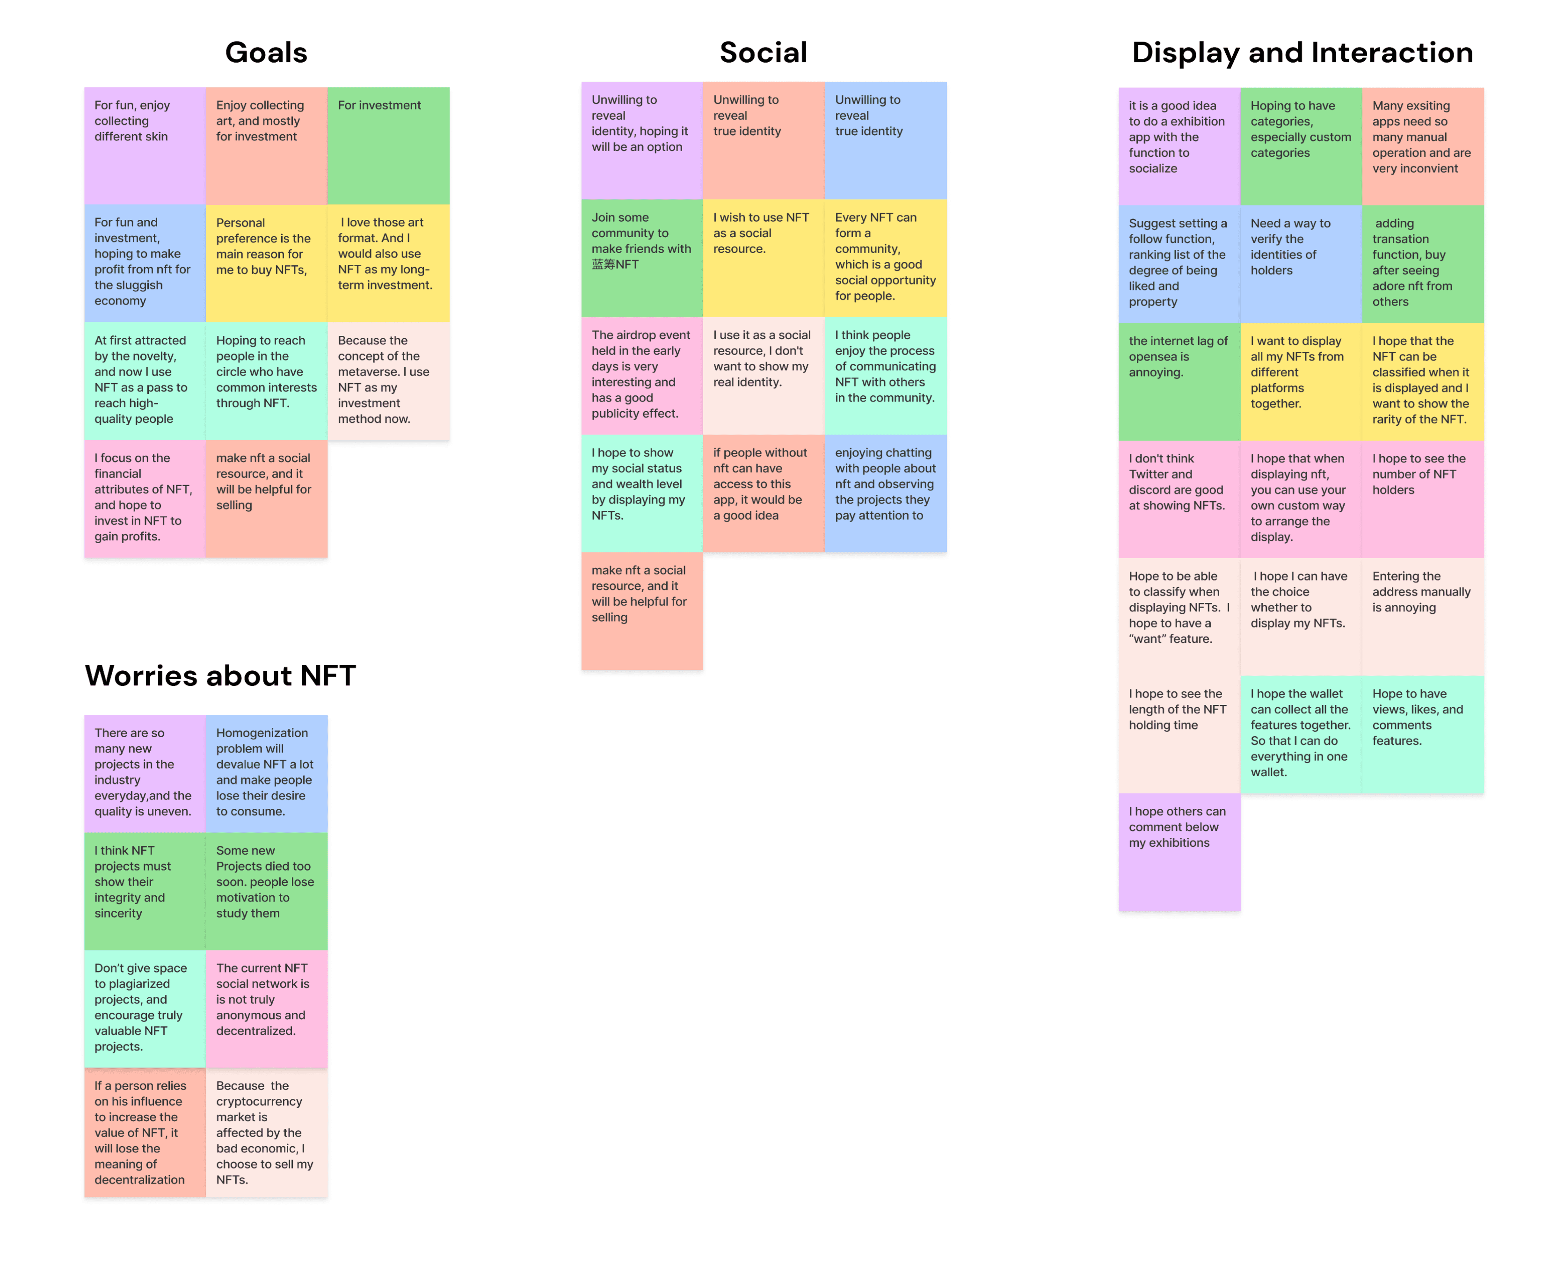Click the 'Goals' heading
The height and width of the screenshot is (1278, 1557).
coord(266,52)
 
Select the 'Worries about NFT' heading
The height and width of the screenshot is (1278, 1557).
coord(220,675)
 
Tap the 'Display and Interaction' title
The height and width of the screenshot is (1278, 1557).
coord(1302,52)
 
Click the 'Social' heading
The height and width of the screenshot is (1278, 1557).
coord(764,52)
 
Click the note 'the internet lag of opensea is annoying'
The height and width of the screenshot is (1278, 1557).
coord(1179,381)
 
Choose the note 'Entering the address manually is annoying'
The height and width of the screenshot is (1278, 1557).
coord(1422,616)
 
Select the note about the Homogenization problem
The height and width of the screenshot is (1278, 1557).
coord(266,773)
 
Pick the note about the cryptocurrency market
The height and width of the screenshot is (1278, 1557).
coord(266,1132)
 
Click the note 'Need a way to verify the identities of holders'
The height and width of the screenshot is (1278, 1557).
coord(1300,263)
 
